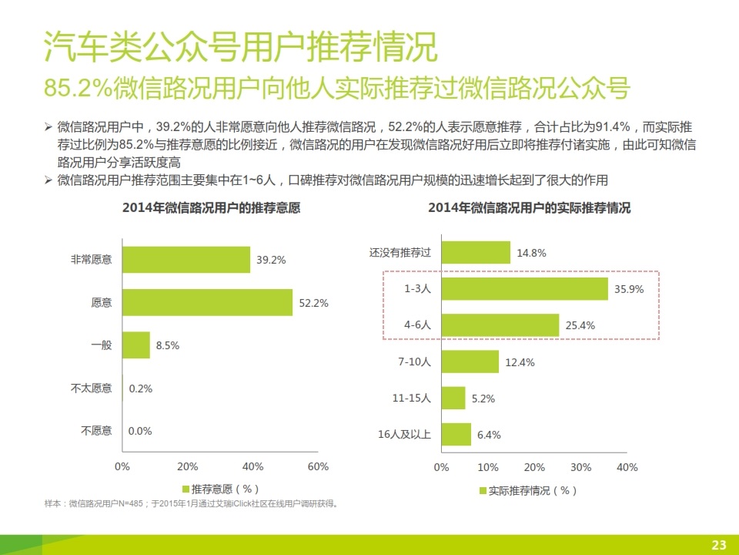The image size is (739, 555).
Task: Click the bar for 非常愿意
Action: (186, 260)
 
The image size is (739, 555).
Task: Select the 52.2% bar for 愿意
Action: (207, 302)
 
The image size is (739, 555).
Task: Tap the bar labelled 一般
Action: (136, 345)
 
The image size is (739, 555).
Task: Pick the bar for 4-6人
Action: (500, 325)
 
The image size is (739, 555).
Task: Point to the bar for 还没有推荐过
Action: (476, 252)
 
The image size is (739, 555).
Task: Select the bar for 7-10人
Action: (470, 362)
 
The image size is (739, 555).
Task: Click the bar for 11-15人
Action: (453, 398)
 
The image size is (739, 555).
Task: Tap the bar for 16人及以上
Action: (456, 434)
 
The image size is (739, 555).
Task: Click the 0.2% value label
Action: (141, 388)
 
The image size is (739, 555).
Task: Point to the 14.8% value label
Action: (531, 252)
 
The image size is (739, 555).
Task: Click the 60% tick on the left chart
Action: (318, 466)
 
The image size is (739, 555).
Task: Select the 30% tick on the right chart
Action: (580, 467)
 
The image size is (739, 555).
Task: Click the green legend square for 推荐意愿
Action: (186, 489)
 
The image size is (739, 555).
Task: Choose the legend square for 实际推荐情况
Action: (483, 490)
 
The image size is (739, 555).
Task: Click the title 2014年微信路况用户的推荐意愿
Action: (210, 208)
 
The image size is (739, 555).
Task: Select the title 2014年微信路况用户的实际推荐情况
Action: (530, 208)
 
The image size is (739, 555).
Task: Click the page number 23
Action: (719, 545)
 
